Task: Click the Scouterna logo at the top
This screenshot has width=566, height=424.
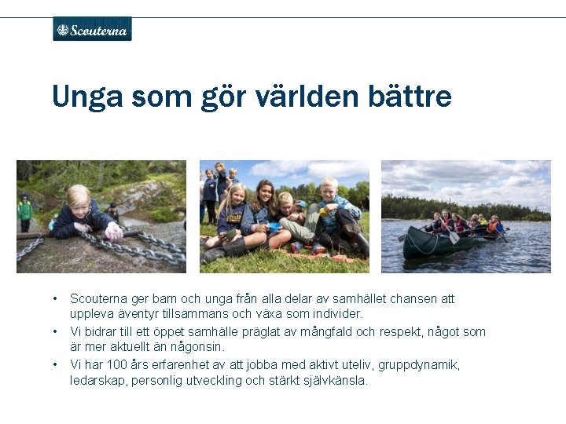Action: click(x=92, y=29)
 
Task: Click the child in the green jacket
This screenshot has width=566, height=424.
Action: click(x=25, y=207)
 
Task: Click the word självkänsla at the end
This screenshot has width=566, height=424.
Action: click(x=337, y=381)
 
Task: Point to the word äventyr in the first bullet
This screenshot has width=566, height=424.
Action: click(x=138, y=314)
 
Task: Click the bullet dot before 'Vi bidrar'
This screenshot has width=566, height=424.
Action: click(x=55, y=331)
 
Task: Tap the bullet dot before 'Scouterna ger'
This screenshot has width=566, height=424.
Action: click(x=55, y=298)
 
